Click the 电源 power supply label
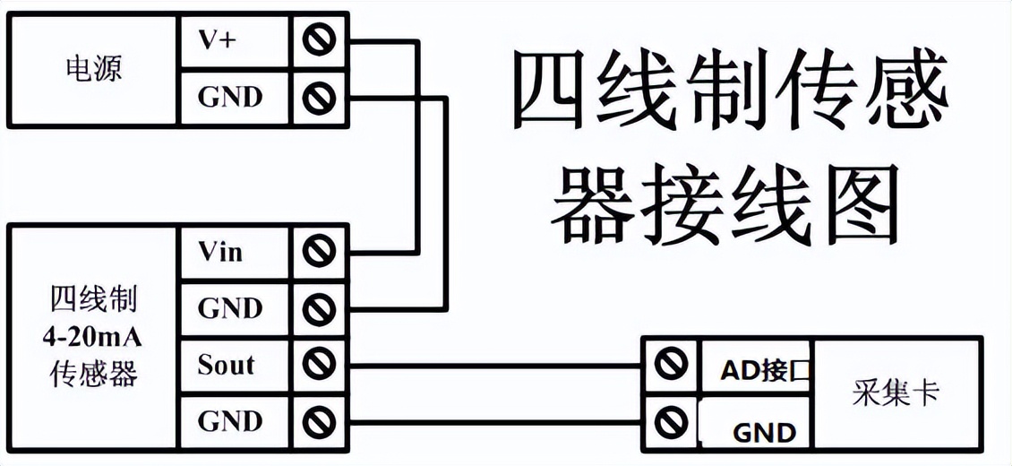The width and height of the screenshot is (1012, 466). click(93, 69)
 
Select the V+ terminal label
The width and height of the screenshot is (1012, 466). click(218, 40)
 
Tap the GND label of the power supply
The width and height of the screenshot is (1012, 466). click(230, 97)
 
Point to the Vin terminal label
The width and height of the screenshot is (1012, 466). click(220, 252)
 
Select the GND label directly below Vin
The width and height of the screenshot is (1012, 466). click(230, 308)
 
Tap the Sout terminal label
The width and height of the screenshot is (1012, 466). click(226, 365)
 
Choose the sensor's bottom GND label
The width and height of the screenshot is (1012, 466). click(230, 421)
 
